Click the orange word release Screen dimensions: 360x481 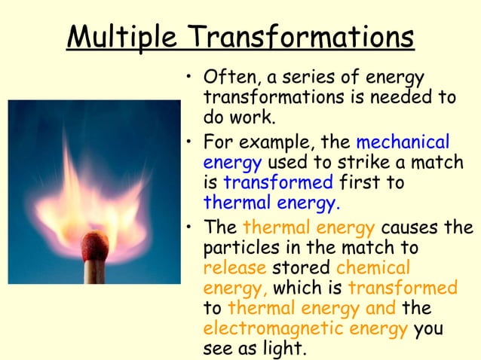(x=232, y=268)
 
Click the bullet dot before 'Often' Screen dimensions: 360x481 (x=191, y=79)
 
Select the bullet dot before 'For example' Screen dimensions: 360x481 (x=191, y=142)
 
